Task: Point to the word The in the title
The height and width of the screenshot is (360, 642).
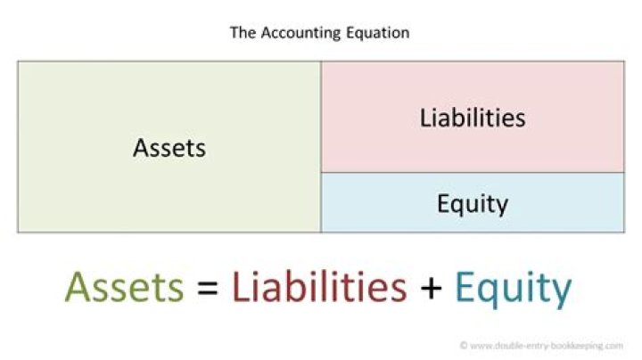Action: pos(243,33)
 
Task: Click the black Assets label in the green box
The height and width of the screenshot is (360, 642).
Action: pos(169,147)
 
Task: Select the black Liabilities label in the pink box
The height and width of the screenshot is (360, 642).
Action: pos(473,117)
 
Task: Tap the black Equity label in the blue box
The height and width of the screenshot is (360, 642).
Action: pos(473,204)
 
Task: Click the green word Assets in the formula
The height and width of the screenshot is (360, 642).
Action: pos(125,288)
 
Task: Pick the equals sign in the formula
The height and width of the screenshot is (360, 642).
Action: pos(208,289)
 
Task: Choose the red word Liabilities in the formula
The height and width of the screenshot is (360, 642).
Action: pos(318,288)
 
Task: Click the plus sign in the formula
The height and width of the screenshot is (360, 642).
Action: pos(431,289)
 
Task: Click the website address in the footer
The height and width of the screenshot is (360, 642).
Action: pos(547,344)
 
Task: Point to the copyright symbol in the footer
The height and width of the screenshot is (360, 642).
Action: pos(464,344)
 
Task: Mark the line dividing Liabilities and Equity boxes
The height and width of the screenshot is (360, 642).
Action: pos(473,173)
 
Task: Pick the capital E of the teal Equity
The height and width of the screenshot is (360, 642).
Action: pos(465,288)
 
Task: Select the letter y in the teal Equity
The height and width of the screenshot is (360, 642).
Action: pos(560,293)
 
